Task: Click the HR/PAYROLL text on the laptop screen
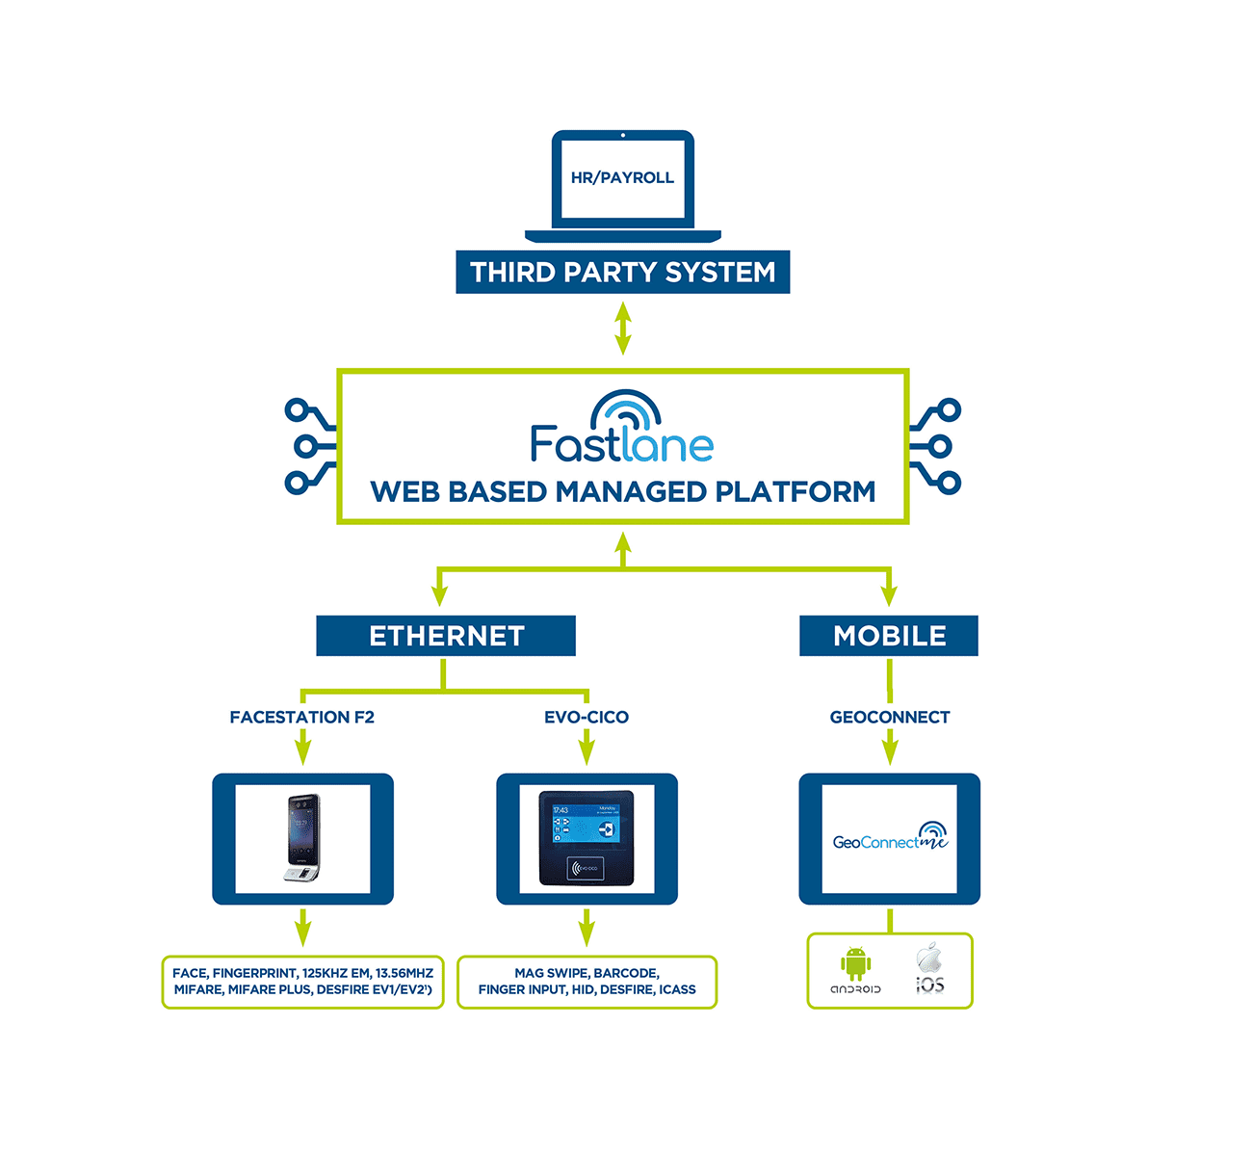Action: pyautogui.click(x=622, y=178)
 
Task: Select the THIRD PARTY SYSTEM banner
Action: pyautogui.click(x=622, y=273)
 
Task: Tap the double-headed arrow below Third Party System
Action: pyautogui.click(x=623, y=328)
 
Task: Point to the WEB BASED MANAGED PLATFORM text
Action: pyautogui.click(x=622, y=492)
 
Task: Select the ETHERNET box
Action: pyautogui.click(x=446, y=636)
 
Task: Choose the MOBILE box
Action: pyautogui.click(x=889, y=636)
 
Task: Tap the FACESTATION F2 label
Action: pyautogui.click(x=301, y=718)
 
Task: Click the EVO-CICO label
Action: pyautogui.click(x=586, y=718)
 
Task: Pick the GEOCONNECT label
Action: pyautogui.click(x=889, y=718)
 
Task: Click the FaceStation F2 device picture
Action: pyautogui.click(x=302, y=838)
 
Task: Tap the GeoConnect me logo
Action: pyautogui.click(x=889, y=838)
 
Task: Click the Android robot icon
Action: pyautogui.click(x=855, y=965)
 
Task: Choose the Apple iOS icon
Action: pyautogui.click(x=928, y=967)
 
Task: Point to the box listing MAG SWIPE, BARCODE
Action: pyautogui.click(x=587, y=982)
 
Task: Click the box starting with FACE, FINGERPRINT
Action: pyautogui.click(x=302, y=982)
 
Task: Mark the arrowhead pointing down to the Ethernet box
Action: pyautogui.click(x=440, y=594)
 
